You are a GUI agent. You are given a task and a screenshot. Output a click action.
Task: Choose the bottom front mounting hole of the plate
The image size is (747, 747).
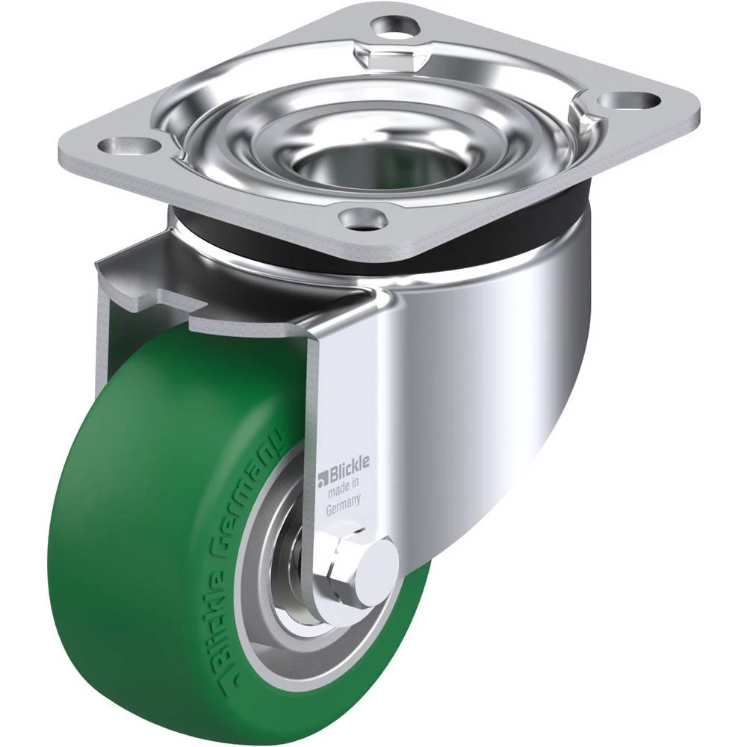point(362,219)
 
